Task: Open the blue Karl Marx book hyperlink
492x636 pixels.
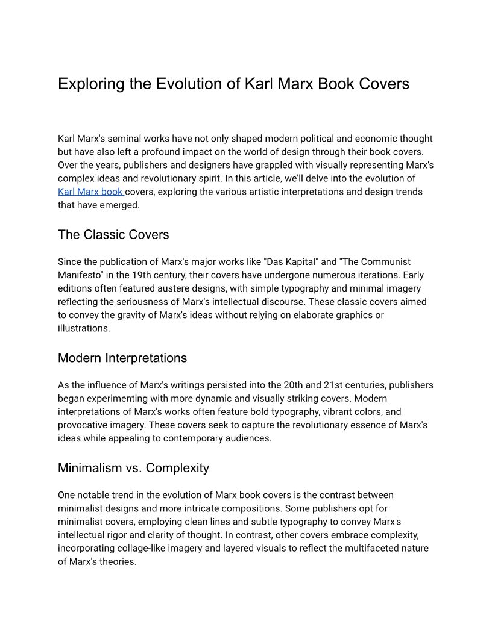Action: tap(90, 192)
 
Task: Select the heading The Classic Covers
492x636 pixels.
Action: tap(113, 234)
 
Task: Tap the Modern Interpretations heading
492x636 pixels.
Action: tap(122, 358)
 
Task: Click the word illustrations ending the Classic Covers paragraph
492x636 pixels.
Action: tap(84, 328)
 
